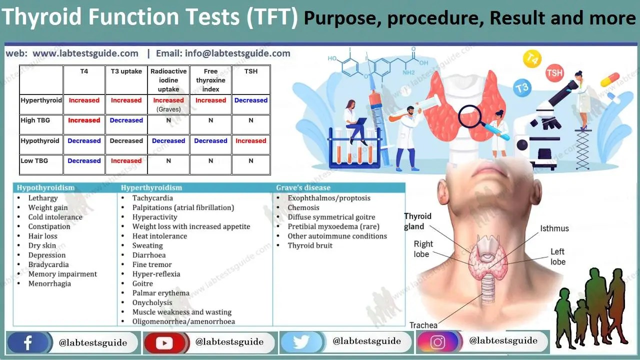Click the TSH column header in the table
251,71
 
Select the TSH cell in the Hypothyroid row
251,141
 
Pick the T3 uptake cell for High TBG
126,120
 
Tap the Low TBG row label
34,161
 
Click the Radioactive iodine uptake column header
168,80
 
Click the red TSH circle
554,73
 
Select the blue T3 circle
521,88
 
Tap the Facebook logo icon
28,343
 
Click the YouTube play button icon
164,343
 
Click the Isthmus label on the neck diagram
554,228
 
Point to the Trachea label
423,325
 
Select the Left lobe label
558,256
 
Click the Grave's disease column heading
303,188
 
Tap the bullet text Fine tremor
152,264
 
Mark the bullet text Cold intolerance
55,217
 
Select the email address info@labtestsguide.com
223,53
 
